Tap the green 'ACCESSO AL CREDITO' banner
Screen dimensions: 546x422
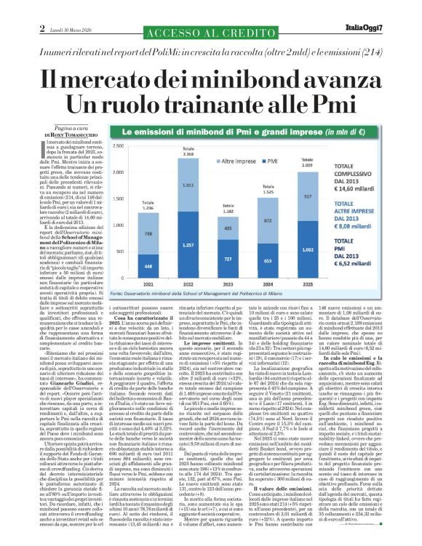(x=210, y=35)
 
